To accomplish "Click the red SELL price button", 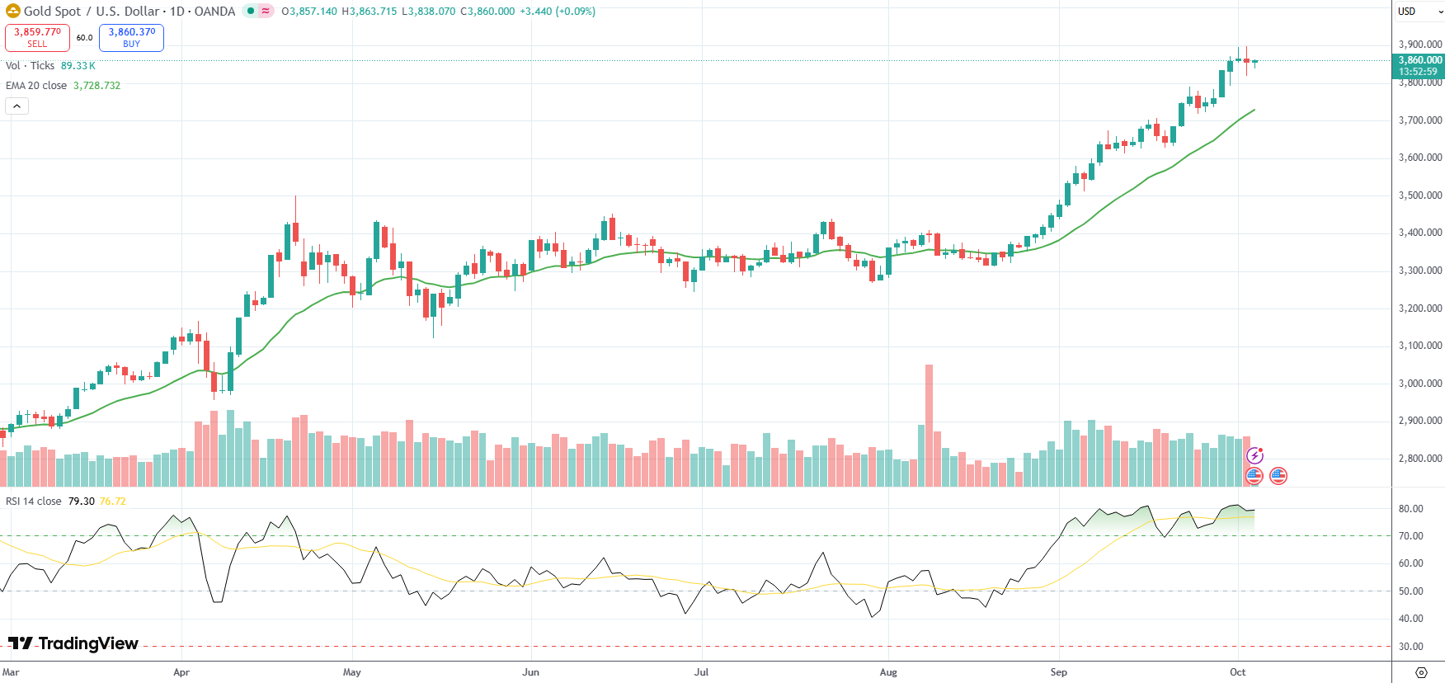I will coord(37,37).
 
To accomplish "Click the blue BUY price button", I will coord(131,37).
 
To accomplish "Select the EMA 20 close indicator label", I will coord(36,86).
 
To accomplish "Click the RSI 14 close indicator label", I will coord(34,502).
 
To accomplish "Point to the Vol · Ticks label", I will coord(30,66).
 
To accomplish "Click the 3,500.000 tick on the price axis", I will coord(1420,195).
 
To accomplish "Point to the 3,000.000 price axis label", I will coord(1420,384).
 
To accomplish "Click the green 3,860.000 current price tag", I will coord(1419,65).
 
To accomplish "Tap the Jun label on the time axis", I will coord(530,672).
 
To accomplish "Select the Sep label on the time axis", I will coord(1058,672).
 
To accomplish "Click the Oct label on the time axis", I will coord(1237,672).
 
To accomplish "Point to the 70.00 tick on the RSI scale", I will coord(1410,536).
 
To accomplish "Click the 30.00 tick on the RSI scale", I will coord(1410,647).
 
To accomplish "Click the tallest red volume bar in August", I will coord(930,425).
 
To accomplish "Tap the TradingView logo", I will coord(73,643).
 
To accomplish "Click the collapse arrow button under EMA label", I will coord(16,106).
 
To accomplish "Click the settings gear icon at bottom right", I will coord(1420,672).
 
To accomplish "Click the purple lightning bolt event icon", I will coord(1254,455).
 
